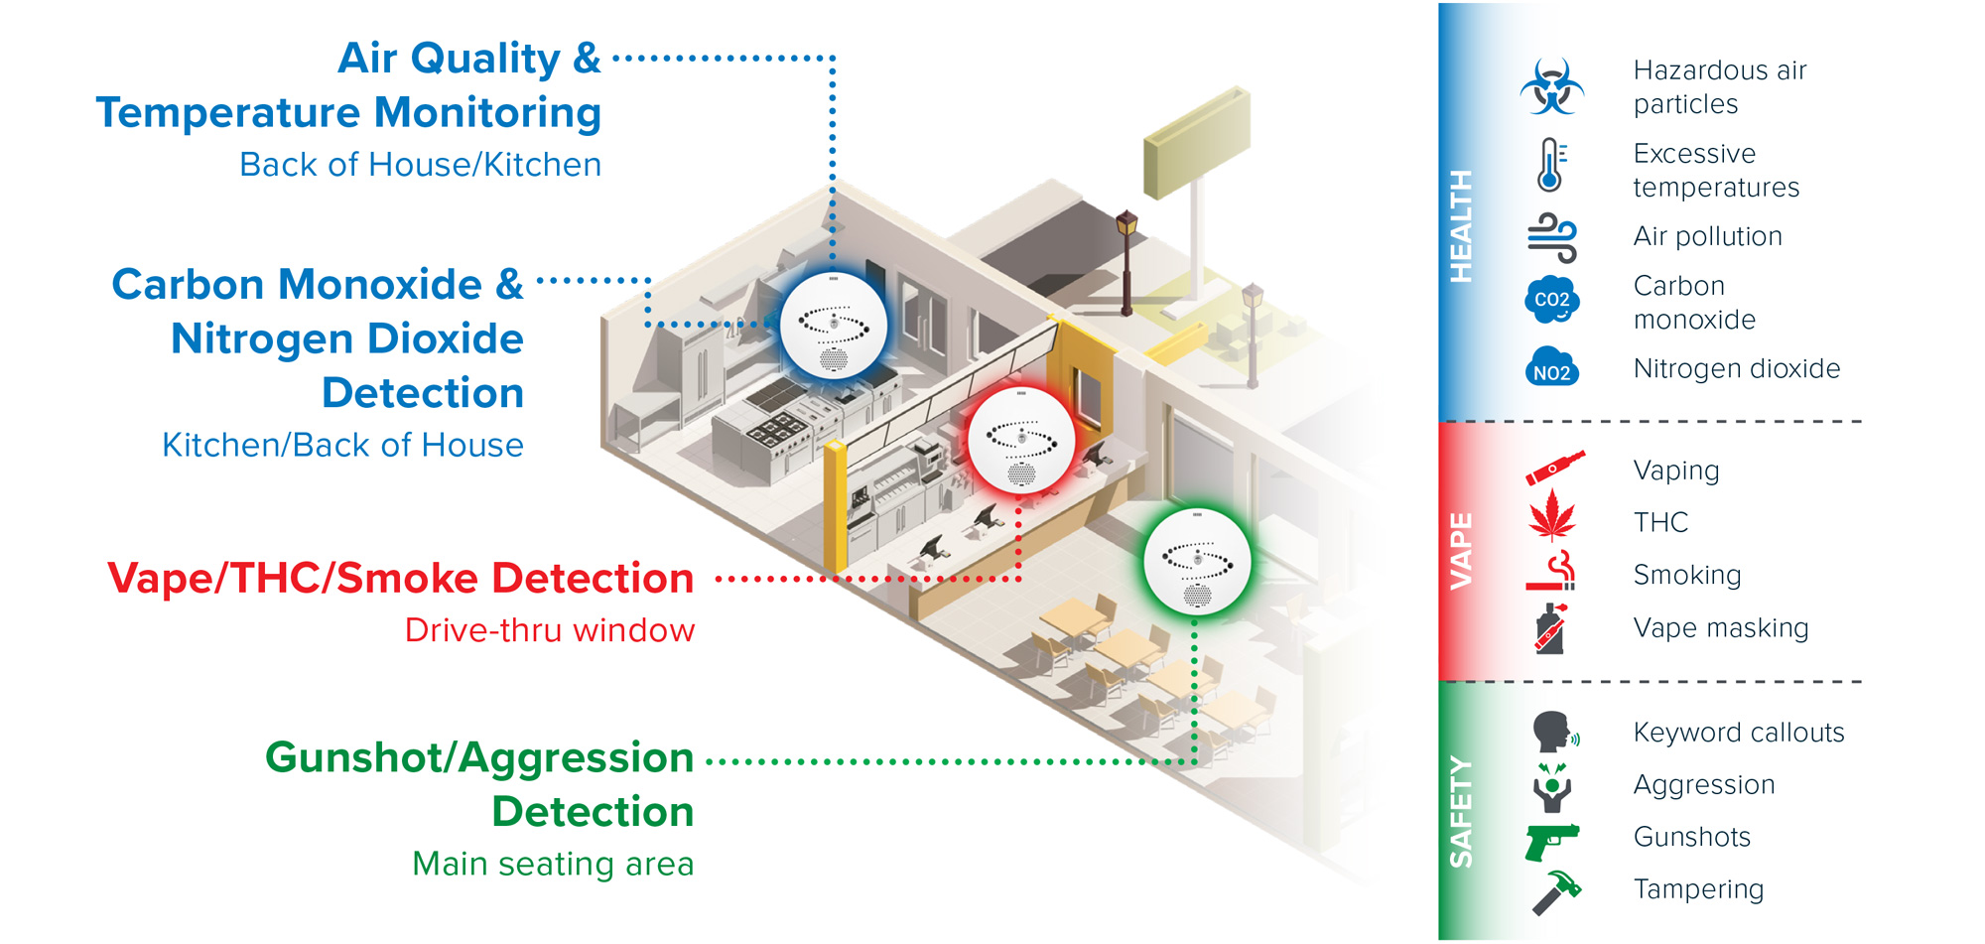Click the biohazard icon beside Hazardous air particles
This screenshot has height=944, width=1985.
(1551, 86)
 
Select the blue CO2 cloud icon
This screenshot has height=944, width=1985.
(1551, 300)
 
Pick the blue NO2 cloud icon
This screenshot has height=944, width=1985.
(1551, 368)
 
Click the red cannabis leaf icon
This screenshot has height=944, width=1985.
(1552, 516)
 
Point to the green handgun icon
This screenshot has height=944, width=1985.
(1551, 842)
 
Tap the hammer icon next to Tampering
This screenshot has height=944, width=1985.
(1555, 891)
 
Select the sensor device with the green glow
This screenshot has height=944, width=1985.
(1196, 562)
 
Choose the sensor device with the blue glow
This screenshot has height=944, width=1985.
(834, 326)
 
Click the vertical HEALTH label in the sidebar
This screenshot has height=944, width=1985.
(1461, 226)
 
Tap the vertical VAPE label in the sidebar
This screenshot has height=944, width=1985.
(1461, 551)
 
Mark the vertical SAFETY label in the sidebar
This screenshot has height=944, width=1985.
(1461, 812)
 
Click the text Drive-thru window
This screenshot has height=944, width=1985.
(549, 630)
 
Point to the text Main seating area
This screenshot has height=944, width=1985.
(553, 864)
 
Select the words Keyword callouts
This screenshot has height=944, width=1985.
(1738, 733)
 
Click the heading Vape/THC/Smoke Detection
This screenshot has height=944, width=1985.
(400, 579)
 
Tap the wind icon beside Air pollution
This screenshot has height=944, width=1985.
(1551, 237)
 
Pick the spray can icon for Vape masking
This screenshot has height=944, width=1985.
(1550, 628)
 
